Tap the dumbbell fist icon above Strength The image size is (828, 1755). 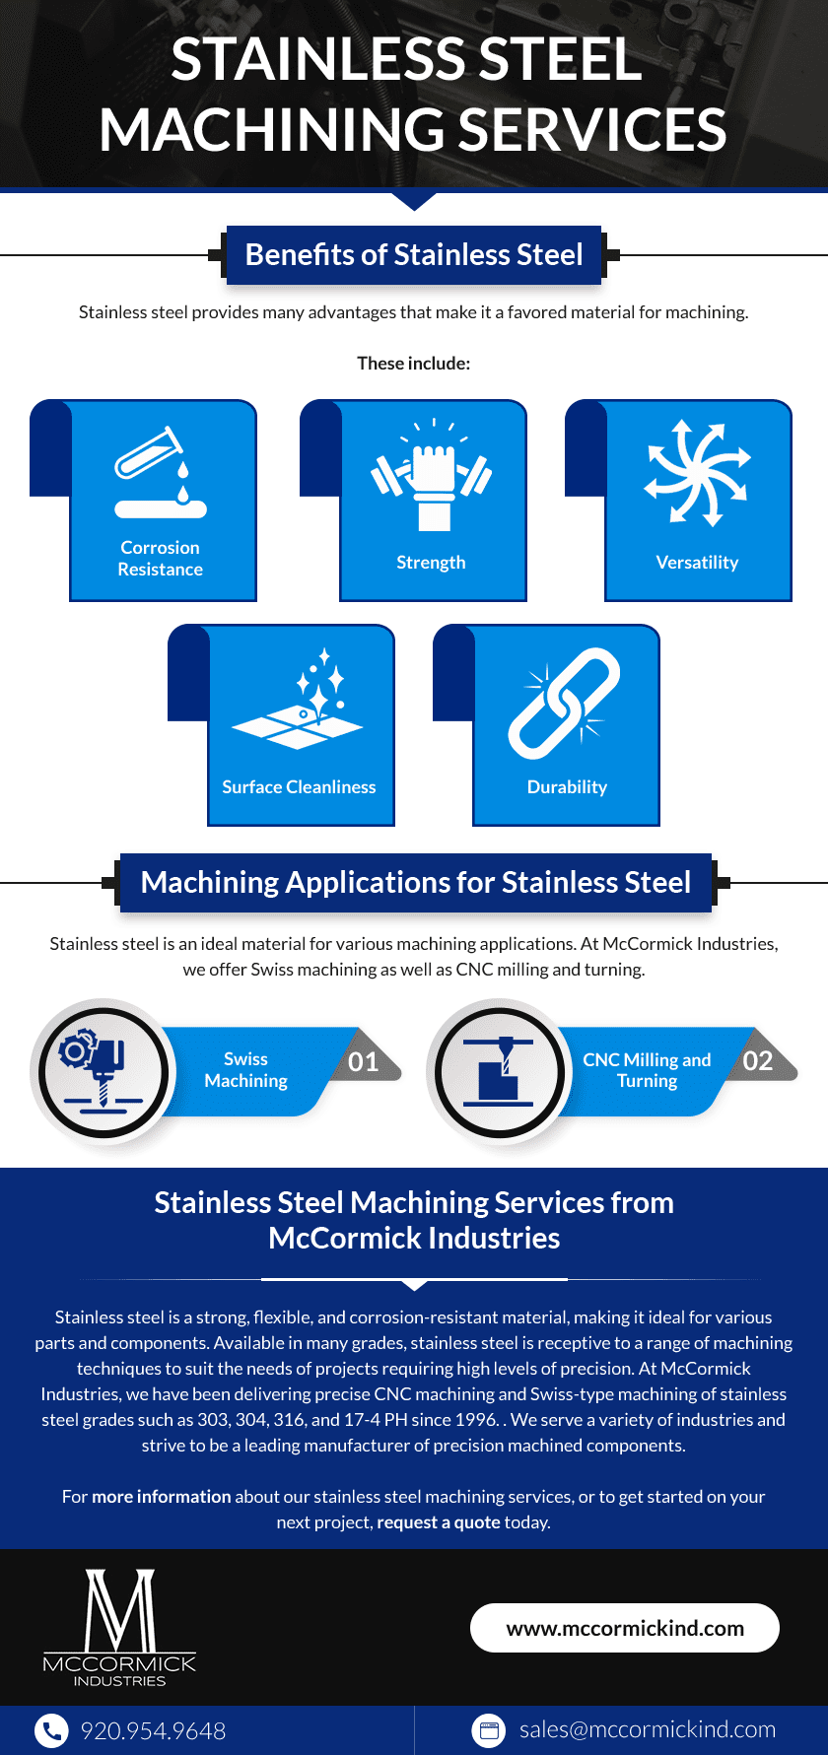coord(432,475)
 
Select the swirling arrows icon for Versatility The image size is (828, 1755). coord(697,472)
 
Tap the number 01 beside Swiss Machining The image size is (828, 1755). coord(364,1061)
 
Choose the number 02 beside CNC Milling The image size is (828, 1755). coord(758,1060)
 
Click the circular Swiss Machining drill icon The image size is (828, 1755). coord(103,1071)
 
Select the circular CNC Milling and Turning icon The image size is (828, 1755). coord(500,1071)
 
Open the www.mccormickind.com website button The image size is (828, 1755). coord(625,1628)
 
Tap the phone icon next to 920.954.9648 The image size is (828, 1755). coord(51,1730)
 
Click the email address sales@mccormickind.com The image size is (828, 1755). coord(648,1729)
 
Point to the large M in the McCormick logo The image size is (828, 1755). coord(120,1610)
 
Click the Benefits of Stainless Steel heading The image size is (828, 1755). coord(414,255)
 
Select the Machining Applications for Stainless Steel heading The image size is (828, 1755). coord(416,882)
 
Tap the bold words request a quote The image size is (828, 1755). coord(439,1522)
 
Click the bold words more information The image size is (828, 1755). coord(162,1497)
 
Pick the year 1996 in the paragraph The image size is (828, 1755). coord(475,1420)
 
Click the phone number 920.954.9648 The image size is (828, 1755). coord(153,1730)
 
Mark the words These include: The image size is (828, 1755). coord(414,364)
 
